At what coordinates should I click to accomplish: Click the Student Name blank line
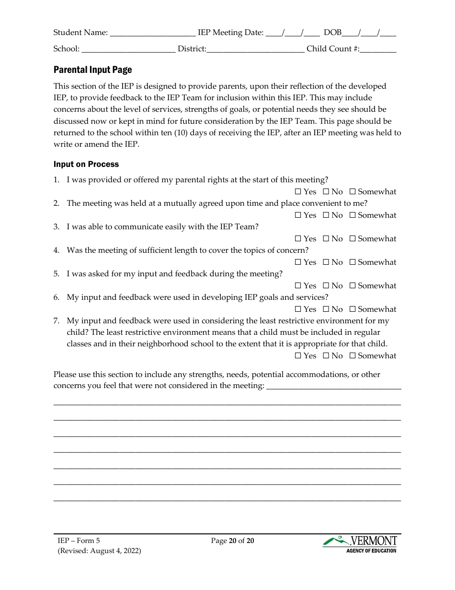[x=152, y=34]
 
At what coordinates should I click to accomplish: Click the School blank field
[x=128, y=50]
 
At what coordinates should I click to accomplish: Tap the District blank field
[x=255, y=50]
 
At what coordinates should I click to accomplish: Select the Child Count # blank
[x=378, y=50]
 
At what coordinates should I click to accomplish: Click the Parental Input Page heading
[x=92, y=70]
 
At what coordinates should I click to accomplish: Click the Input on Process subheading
[x=86, y=164]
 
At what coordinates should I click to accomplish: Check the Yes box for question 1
[x=298, y=192]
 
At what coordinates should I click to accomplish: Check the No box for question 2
[x=326, y=215]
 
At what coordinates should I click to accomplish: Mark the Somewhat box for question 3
[x=353, y=239]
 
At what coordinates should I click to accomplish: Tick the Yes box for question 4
[x=298, y=262]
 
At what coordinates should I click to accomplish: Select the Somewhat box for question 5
[x=353, y=286]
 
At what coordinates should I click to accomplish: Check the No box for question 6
[x=326, y=309]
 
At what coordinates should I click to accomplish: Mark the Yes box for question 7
[x=298, y=356]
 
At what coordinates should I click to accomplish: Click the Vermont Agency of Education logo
[x=360, y=544]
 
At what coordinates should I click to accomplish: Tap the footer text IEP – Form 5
[x=79, y=541]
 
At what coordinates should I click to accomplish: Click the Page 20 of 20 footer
[x=232, y=541]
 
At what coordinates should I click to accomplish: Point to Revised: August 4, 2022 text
[x=100, y=551]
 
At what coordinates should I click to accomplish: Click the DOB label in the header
[x=332, y=33]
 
